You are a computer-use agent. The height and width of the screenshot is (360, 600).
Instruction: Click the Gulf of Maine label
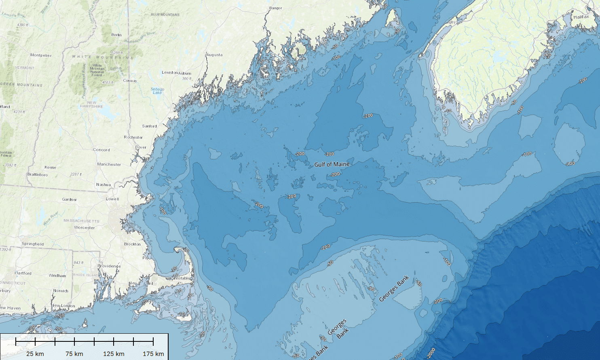[332, 164]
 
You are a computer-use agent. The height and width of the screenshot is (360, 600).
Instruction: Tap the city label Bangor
[275, 8]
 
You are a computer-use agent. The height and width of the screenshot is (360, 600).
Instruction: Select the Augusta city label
[214, 55]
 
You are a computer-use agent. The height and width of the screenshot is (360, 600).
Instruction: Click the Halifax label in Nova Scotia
[581, 17]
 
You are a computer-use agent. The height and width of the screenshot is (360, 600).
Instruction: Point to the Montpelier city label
[41, 55]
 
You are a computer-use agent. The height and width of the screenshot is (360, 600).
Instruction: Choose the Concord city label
[101, 150]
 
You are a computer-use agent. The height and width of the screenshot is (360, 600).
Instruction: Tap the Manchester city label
[109, 164]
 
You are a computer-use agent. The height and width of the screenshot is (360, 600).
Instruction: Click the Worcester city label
[84, 227]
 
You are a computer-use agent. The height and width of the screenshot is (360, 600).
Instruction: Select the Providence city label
[109, 266]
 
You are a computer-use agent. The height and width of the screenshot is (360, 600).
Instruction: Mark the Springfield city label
[33, 244]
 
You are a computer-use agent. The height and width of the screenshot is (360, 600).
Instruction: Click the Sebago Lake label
[157, 91]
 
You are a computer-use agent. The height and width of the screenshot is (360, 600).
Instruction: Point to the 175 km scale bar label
[153, 354]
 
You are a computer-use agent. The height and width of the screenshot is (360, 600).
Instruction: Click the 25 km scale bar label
[35, 354]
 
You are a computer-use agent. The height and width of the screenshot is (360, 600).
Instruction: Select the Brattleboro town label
[37, 175]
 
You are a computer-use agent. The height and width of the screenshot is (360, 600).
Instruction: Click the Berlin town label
[116, 35]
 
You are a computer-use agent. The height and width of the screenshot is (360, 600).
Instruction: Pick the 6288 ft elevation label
[117, 53]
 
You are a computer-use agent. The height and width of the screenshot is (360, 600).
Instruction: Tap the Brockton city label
[132, 244]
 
